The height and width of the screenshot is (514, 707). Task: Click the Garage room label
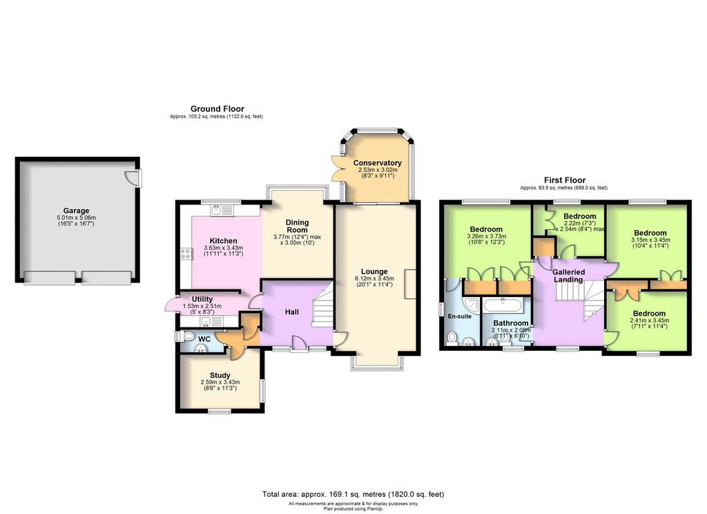(x=76, y=210)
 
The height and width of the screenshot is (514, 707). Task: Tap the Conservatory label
(x=378, y=163)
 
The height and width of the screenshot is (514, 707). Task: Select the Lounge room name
(x=374, y=272)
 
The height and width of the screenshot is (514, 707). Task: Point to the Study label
(x=220, y=375)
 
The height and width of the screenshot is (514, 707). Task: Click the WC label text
(x=204, y=339)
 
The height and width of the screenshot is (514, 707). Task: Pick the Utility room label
(x=202, y=298)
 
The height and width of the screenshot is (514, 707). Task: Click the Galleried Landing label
(x=569, y=276)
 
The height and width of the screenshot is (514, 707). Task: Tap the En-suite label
(x=459, y=316)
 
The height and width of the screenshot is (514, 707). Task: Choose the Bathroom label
(x=510, y=323)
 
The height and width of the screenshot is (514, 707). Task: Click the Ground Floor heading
(x=217, y=108)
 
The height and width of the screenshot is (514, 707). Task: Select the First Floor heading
(x=565, y=180)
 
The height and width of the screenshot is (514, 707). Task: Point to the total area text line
(x=353, y=494)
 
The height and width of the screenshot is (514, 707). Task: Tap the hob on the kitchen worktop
(x=186, y=254)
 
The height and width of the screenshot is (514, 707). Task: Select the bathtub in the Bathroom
(x=503, y=306)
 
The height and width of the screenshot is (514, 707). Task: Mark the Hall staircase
(x=322, y=304)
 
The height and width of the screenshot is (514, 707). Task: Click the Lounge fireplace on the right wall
(x=410, y=284)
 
